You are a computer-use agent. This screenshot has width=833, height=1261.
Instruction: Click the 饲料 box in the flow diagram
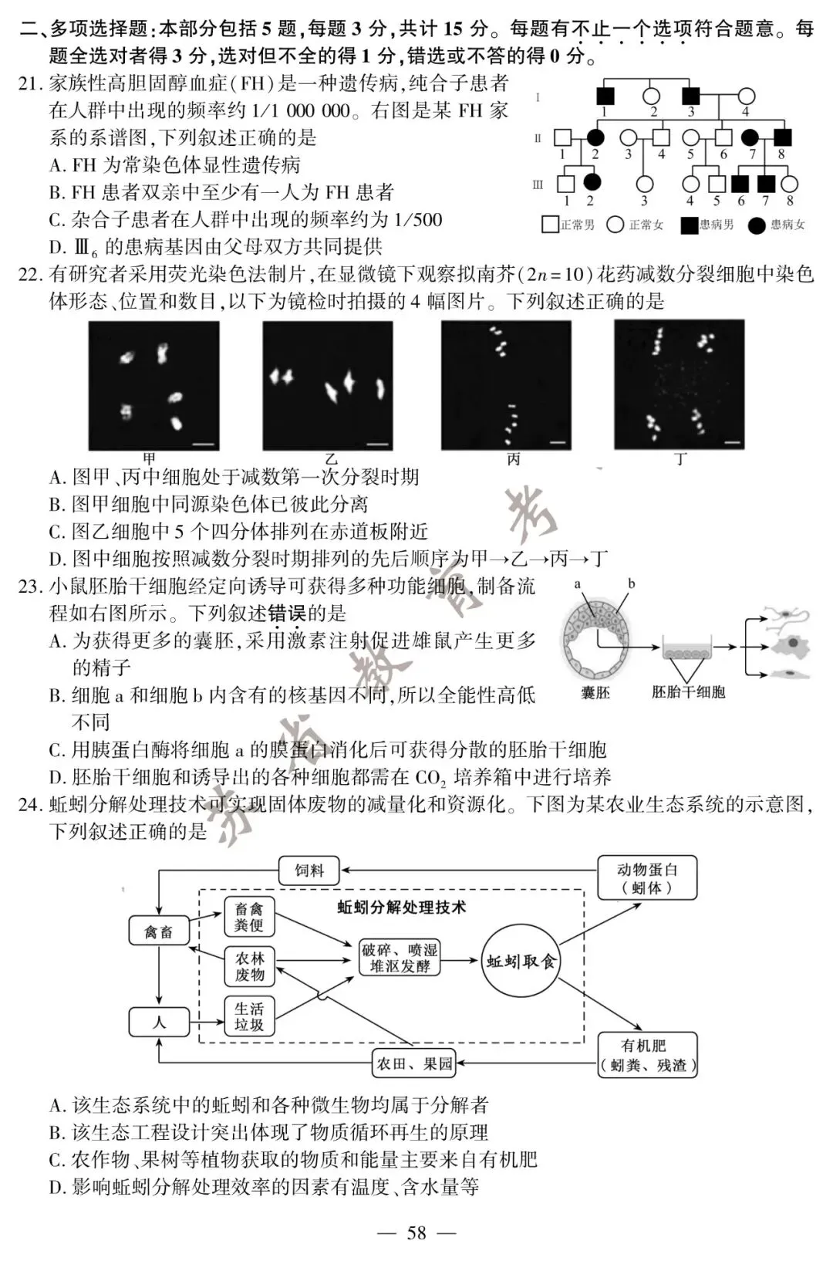click(309, 871)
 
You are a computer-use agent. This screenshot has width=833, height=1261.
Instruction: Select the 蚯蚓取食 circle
click(521, 962)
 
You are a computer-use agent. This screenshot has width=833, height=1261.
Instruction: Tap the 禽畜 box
click(159, 932)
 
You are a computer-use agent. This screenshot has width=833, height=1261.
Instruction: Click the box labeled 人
click(159, 1023)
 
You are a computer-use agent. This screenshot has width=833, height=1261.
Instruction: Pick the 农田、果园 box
click(413, 1064)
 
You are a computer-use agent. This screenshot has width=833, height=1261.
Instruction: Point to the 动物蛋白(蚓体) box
click(647, 878)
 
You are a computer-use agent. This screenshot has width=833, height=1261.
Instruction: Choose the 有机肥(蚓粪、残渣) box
click(648, 1055)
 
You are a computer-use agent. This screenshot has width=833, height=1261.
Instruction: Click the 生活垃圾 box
click(249, 1016)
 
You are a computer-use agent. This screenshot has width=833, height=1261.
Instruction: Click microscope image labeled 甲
click(153, 385)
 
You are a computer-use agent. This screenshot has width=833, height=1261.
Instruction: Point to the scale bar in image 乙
click(377, 444)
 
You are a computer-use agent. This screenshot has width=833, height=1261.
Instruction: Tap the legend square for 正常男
click(550, 225)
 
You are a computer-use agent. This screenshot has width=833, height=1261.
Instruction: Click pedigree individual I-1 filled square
click(605, 96)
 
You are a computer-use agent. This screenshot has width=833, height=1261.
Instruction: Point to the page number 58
click(416, 1233)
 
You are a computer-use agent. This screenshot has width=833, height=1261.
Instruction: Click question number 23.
click(29, 587)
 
